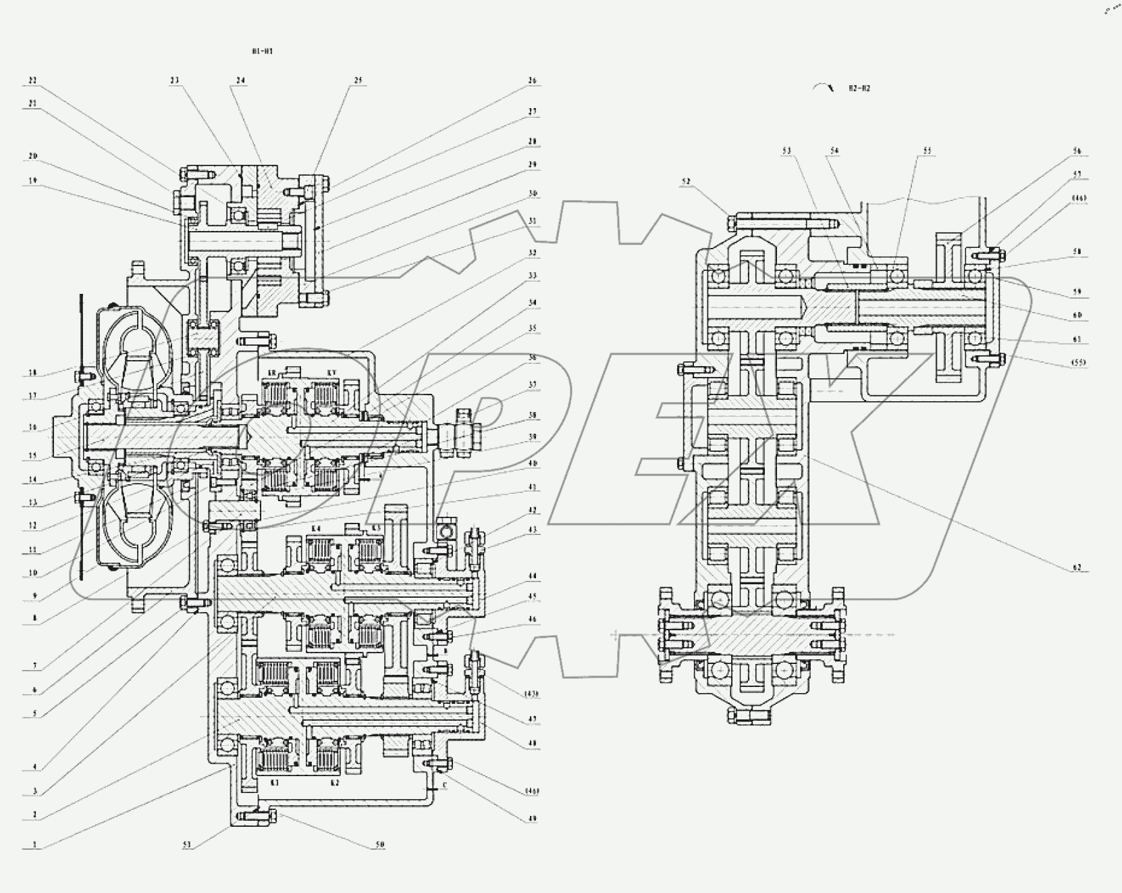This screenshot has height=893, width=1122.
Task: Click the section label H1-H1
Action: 263,51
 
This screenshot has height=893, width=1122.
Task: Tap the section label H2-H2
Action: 859,88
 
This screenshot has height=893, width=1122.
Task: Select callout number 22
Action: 32,80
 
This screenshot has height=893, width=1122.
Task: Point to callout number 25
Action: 358,80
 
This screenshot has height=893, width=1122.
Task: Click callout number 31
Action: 533,220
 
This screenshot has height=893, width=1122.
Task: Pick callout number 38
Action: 533,415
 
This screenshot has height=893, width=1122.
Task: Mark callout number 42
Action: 533,511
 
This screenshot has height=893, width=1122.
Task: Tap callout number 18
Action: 32,372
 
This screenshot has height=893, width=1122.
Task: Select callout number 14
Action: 32,480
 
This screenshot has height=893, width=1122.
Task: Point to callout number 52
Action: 687,181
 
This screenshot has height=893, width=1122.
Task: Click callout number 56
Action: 1077,151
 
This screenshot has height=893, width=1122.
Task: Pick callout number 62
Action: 1077,567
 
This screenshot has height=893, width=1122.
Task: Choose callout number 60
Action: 1077,315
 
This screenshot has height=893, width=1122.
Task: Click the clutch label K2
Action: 333,782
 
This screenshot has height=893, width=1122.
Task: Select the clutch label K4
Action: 317,528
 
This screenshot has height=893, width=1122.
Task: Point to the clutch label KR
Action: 273,373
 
